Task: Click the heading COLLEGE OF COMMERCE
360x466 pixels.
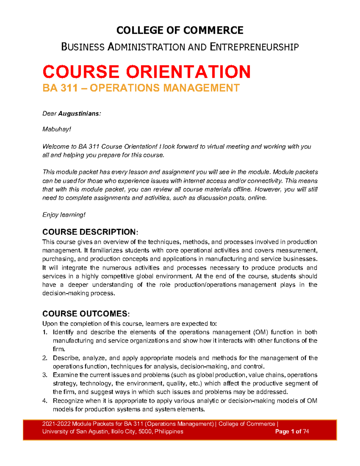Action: (180, 30)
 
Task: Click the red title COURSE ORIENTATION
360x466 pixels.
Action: (146, 72)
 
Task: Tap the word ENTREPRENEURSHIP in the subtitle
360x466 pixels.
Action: (254, 47)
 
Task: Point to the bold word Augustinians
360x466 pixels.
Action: (79, 114)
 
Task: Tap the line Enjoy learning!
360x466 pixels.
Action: (64, 215)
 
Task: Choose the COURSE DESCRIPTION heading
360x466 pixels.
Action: (89, 232)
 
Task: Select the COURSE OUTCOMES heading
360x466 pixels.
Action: (85, 314)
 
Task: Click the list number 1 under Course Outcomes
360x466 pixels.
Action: (45, 332)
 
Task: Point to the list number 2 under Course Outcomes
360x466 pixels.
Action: (45, 358)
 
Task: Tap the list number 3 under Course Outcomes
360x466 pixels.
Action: (45, 375)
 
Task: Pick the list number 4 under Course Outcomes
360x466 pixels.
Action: (45, 401)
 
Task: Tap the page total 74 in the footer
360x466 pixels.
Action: (306, 431)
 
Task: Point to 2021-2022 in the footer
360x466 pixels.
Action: (56, 424)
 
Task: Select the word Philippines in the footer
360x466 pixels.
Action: (169, 431)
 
